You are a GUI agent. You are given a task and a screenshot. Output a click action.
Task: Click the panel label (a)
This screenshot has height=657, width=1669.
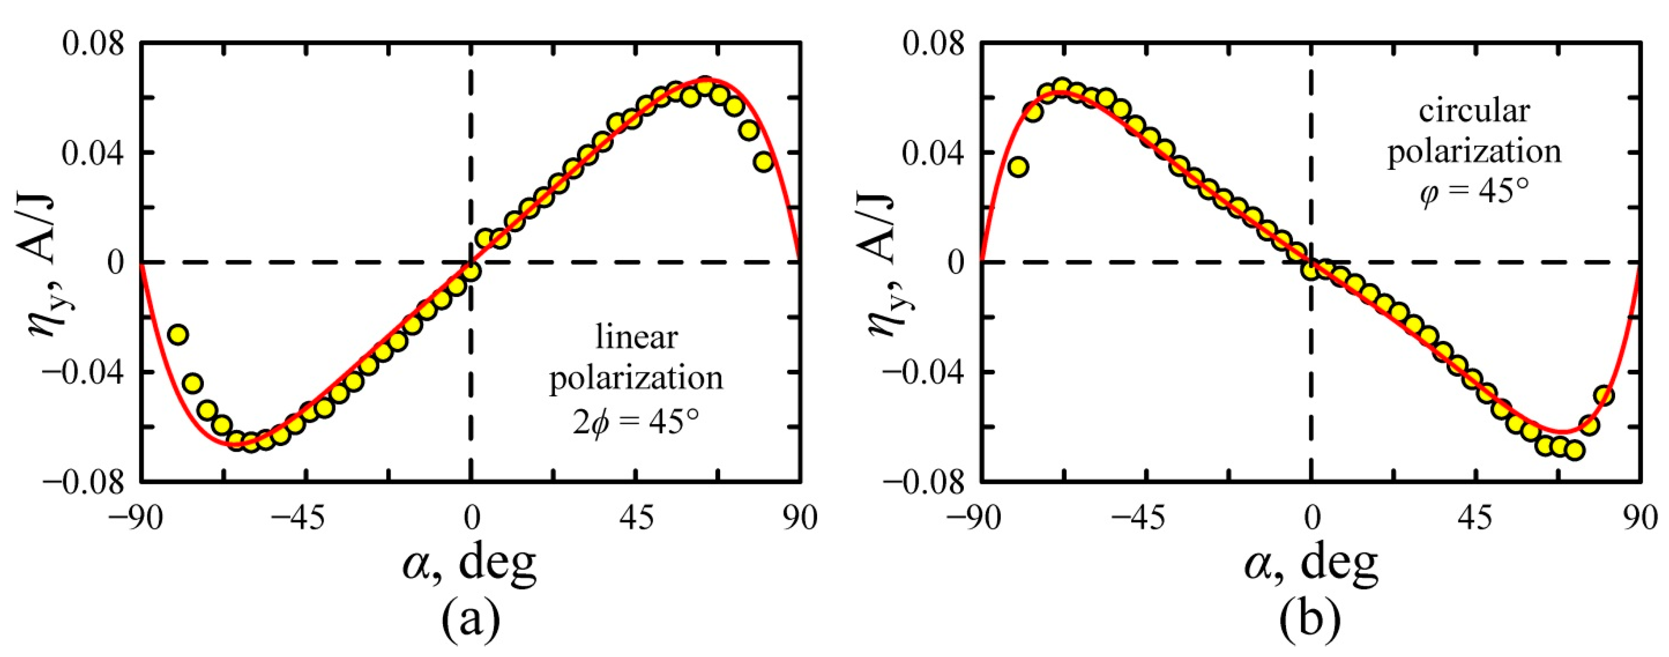click(470, 619)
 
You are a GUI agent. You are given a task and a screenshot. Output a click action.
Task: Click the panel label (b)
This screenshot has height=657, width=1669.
click(1310, 619)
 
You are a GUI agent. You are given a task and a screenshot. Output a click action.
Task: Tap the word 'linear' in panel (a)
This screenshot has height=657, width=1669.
click(636, 337)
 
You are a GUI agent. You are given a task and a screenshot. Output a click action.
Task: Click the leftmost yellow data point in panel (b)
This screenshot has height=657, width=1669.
click(1018, 167)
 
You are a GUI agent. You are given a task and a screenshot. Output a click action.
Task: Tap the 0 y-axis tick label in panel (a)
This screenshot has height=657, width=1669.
click(115, 263)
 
